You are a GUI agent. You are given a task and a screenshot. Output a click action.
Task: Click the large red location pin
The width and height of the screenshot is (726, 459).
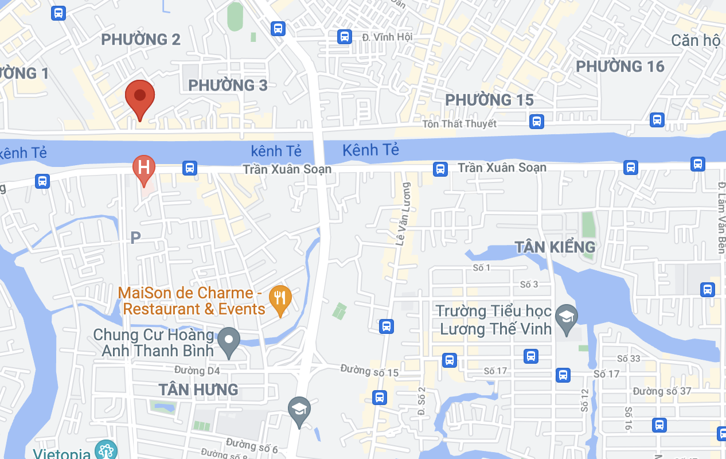(x=140, y=97)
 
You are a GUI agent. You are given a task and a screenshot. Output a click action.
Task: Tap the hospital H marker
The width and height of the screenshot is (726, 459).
(x=143, y=168)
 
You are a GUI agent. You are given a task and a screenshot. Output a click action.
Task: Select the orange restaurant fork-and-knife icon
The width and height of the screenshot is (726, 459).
(x=280, y=298)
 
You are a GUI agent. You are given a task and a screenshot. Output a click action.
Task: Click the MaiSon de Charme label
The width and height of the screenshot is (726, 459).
(x=193, y=301)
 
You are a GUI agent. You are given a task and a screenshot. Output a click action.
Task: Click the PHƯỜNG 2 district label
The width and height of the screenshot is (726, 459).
(x=140, y=40)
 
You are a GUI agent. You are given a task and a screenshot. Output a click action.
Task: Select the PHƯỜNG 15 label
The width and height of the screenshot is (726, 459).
(x=489, y=100)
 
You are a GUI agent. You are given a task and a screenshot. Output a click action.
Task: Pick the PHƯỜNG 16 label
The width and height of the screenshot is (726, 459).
(x=620, y=67)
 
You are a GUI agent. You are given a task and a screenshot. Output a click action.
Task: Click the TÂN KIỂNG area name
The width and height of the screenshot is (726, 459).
(x=555, y=247)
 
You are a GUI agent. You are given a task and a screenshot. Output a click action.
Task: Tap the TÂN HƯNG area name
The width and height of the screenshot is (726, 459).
(x=198, y=390)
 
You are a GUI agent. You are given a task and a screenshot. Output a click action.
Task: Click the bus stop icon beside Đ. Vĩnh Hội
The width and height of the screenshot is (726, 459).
(x=344, y=37)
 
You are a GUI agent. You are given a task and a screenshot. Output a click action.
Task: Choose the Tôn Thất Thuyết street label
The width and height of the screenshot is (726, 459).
(x=459, y=124)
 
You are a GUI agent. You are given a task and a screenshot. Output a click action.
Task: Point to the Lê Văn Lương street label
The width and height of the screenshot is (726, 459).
(x=404, y=214)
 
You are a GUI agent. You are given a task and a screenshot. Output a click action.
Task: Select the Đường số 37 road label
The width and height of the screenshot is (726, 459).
(x=662, y=391)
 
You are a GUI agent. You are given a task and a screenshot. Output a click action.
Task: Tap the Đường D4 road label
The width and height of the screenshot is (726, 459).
(x=197, y=371)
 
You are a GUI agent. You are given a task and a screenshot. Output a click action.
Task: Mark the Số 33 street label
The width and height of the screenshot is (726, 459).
(x=629, y=359)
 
